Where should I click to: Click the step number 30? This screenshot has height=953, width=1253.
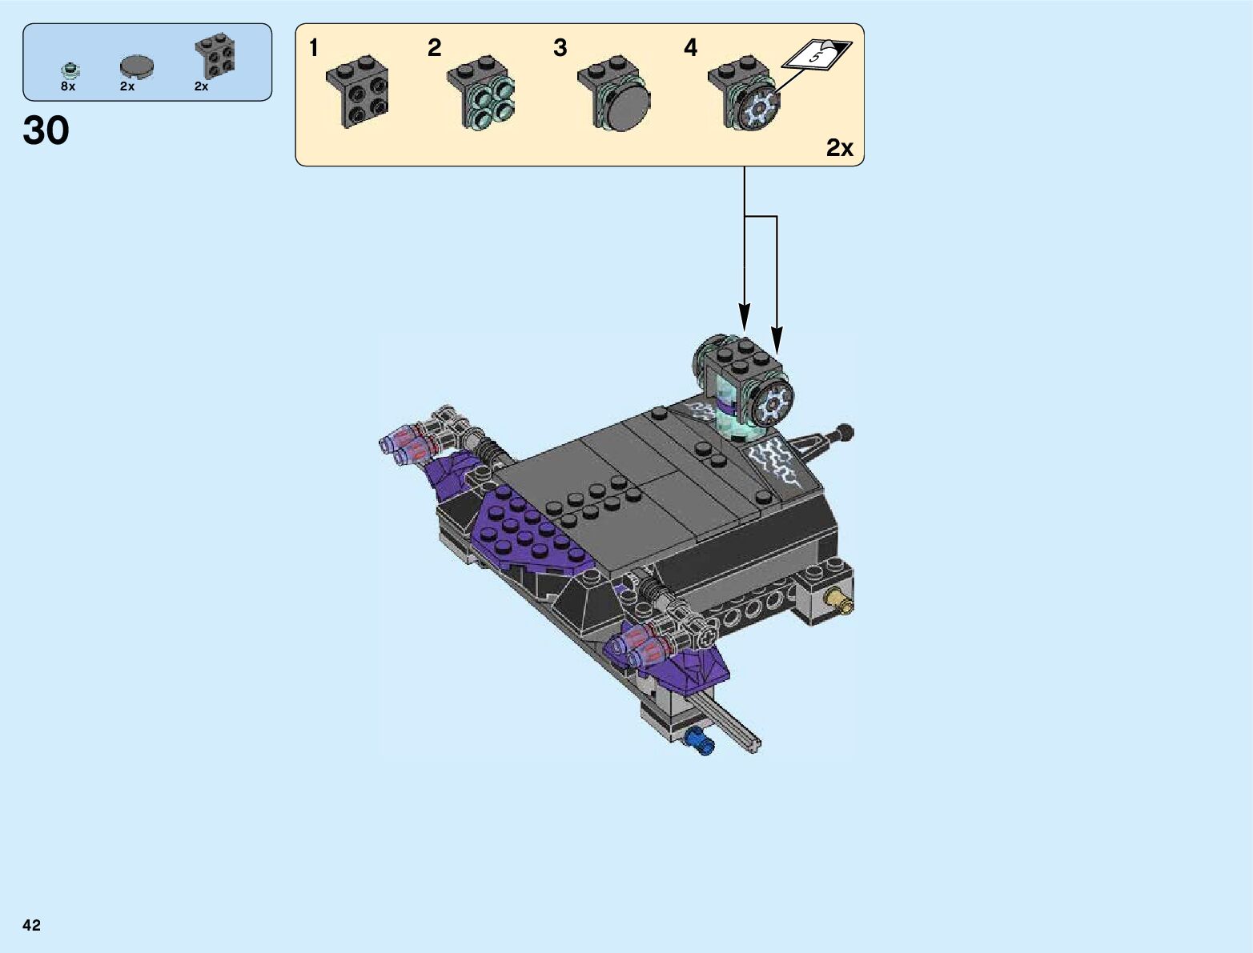coord(46,130)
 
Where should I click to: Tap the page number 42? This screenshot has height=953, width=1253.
coord(31,925)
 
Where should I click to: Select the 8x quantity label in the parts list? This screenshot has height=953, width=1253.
coord(68,86)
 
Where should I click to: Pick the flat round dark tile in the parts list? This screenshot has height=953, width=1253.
coord(137,66)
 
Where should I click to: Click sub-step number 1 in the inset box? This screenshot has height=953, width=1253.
coord(313,48)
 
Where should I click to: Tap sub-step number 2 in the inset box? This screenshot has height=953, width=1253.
coord(435,48)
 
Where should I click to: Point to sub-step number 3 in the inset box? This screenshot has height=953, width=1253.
coord(560,48)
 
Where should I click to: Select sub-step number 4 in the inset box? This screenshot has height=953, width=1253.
coord(691,48)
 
